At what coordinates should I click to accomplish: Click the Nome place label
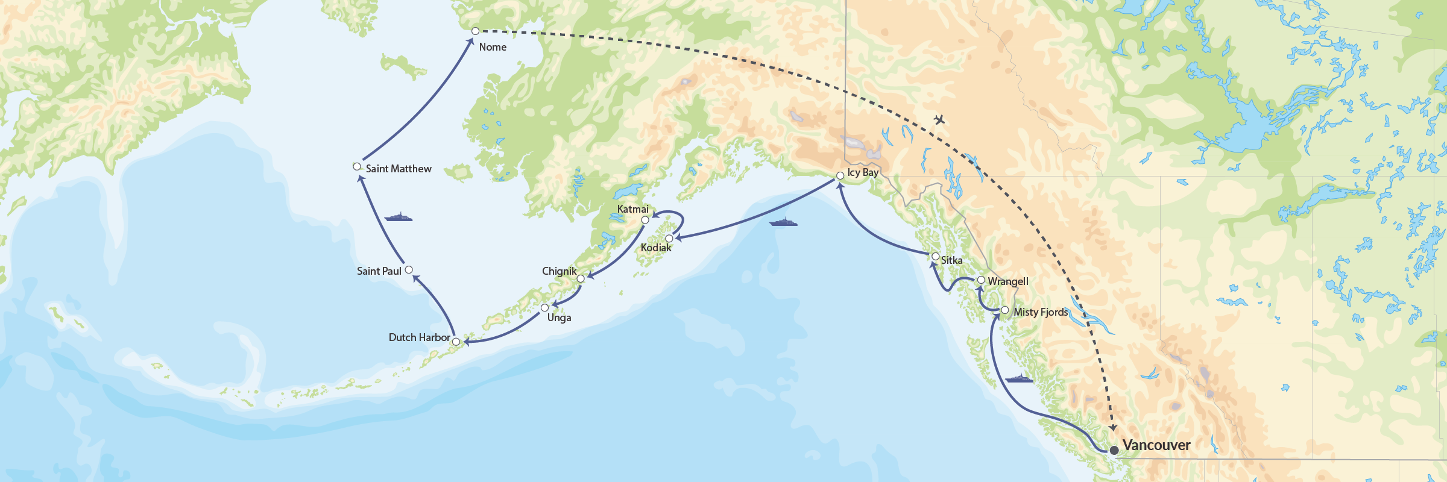pyautogui.click(x=493, y=47)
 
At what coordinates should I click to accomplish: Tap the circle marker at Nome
pyautogui.click(x=475, y=31)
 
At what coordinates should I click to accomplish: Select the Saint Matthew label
pyautogui.click(x=399, y=169)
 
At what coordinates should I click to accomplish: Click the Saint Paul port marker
pyautogui.click(x=409, y=270)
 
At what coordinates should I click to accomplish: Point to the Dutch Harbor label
pyautogui.click(x=419, y=337)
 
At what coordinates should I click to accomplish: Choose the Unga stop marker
pyautogui.click(x=544, y=308)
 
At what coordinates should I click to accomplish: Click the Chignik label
pyautogui.click(x=559, y=271)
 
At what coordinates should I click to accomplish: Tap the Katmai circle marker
pyautogui.click(x=645, y=220)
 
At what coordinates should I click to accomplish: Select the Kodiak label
pyautogui.click(x=655, y=248)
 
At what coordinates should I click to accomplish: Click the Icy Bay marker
pyautogui.click(x=840, y=176)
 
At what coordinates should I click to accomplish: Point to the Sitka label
pyautogui.click(x=951, y=260)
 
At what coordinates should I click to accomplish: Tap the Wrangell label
pyautogui.click(x=1008, y=281)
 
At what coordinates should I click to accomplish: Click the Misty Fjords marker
pyautogui.click(x=1004, y=310)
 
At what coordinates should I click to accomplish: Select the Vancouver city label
pyautogui.click(x=1156, y=445)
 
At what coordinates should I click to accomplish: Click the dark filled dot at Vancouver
pyautogui.click(x=1114, y=450)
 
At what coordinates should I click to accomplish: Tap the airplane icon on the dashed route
pyautogui.click(x=939, y=119)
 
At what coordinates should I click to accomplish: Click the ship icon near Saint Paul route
pyautogui.click(x=398, y=217)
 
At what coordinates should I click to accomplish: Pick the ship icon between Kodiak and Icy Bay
pyautogui.click(x=783, y=222)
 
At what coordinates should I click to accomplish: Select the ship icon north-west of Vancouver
pyautogui.click(x=1019, y=379)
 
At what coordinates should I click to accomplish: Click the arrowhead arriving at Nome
pyautogui.click(x=470, y=42)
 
